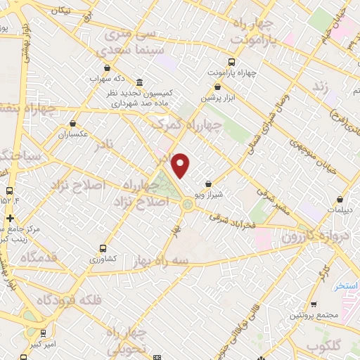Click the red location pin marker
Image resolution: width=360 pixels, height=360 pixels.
[x=181, y=165]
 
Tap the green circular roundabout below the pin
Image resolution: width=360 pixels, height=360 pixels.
[x=187, y=205]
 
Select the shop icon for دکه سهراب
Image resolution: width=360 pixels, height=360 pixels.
[x=107, y=68]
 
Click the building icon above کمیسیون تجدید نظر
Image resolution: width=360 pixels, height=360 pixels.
[x=140, y=82]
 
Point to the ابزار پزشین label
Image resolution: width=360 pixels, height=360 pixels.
[x=217, y=98]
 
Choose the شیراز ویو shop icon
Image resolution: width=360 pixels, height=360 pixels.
[x=208, y=184]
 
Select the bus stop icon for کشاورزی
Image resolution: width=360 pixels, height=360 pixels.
[x=103, y=248]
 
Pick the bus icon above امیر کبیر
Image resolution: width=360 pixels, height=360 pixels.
[x=44, y=333]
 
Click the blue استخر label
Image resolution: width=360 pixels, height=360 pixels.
[x=347, y=286]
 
